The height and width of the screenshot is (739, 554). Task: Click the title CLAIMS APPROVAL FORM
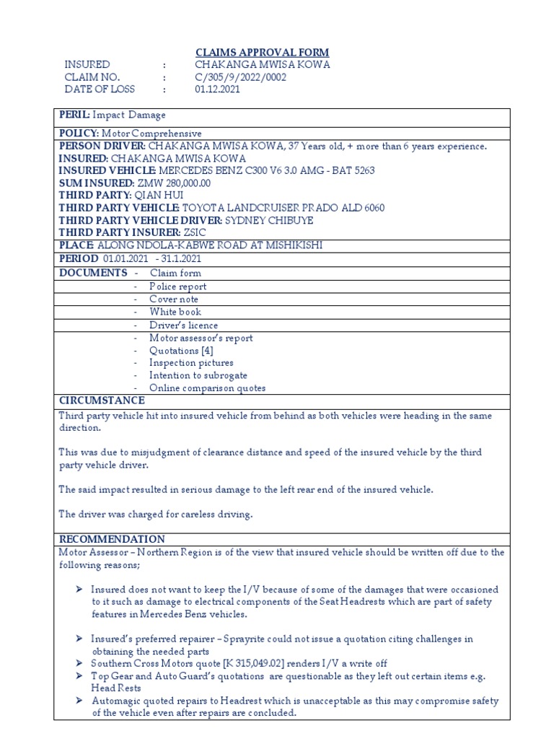click(x=263, y=52)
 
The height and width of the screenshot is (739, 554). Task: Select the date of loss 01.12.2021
click(x=217, y=89)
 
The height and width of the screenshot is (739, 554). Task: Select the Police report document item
click(x=177, y=287)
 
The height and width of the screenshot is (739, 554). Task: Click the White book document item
click(x=175, y=312)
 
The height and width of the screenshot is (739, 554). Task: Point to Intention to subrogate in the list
click(x=198, y=375)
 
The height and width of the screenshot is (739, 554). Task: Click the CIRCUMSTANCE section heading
click(x=102, y=401)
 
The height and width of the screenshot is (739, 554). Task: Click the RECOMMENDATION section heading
click(x=112, y=539)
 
